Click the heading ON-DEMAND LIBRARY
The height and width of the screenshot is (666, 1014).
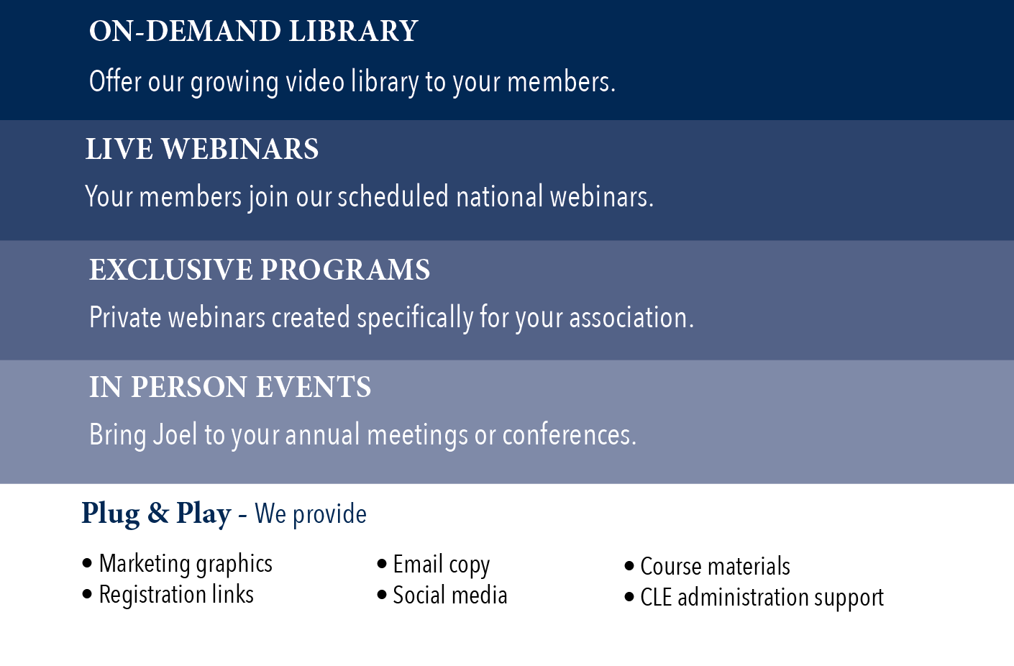click(x=253, y=31)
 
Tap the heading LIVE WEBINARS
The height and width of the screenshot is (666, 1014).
click(x=202, y=149)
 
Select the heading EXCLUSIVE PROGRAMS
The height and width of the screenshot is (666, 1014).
click(x=260, y=270)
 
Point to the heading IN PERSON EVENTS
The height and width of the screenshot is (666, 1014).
click(x=230, y=387)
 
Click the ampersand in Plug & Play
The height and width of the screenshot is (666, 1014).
click(x=158, y=513)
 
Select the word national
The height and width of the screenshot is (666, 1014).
click(x=500, y=196)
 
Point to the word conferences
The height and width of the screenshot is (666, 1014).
click(x=569, y=434)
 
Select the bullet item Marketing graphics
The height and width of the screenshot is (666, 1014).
click(x=178, y=565)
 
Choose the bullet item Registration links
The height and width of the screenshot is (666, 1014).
click(x=168, y=595)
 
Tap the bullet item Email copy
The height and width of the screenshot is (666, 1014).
click(x=433, y=565)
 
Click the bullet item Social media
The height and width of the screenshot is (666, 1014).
click(x=442, y=595)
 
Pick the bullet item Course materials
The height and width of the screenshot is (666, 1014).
click(x=707, y=567)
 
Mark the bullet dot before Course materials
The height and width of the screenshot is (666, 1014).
click(x=629, y=566)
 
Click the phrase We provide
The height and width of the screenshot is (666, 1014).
click(x=311, y=514)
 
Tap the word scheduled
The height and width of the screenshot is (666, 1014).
click(x=393, y=196)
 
